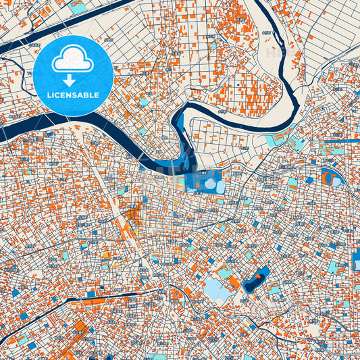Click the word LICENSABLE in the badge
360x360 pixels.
(x=73, y=95)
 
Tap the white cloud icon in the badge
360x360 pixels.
(x=73, y=60)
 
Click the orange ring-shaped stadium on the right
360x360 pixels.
(x=328, y=178)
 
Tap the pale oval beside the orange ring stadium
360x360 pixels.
(x=337, y=180)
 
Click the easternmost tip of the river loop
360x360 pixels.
(x=298, y=95)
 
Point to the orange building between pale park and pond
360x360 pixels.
(x=233, y=282)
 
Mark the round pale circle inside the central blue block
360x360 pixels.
(x=211, y=184)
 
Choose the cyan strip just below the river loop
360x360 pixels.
(x=277, y=140)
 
